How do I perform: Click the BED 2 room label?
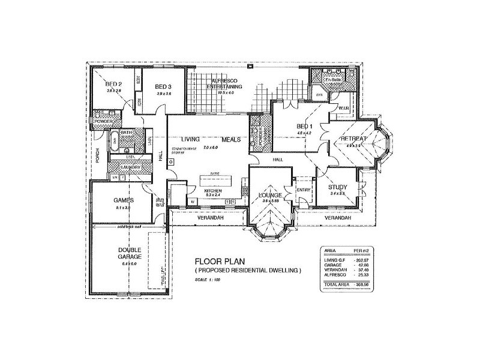pos(114,83)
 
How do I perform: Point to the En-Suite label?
pos(332,80)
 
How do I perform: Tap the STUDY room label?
pos(340,187)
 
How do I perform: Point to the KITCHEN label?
pos(214,190)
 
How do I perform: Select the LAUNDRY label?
pos(130,167)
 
